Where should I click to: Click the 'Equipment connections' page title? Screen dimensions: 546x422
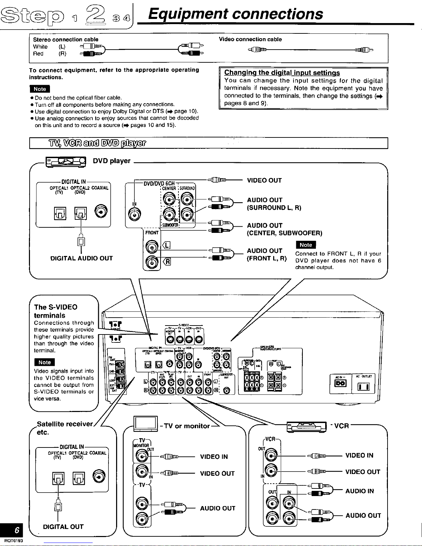click(235, 14)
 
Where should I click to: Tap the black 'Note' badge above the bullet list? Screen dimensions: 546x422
click(40, 89)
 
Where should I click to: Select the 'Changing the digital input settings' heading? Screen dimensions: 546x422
click(282, 73)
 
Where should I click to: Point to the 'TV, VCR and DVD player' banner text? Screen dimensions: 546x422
click(97, 143)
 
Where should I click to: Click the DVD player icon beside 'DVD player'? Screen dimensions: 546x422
click(66, 161)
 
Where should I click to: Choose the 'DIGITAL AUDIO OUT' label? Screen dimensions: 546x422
click(81, 258)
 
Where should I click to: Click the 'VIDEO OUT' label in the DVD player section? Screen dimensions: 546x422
click(264, 181)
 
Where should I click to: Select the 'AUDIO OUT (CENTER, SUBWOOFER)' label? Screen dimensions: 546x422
click(284, 229)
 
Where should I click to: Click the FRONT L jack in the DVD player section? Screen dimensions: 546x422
click(152, 247)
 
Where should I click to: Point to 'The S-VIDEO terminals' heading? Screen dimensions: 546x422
click(55, 311)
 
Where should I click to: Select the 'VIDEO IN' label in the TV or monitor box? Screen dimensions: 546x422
click(214, 457)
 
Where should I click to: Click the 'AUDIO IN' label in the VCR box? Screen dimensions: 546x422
click(359, 491)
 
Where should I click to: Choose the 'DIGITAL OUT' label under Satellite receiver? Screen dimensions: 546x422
click(63, 527)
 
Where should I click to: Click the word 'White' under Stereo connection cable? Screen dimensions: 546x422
click(40, 47)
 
